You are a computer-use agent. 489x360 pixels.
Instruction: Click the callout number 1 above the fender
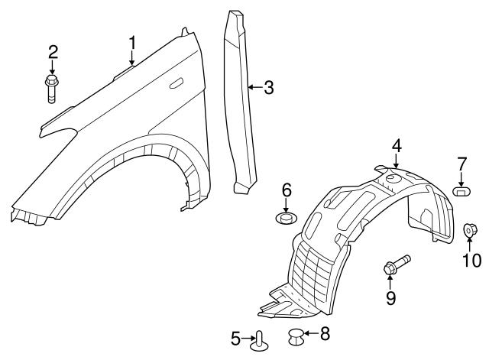132,43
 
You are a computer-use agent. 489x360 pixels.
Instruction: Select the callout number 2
53,52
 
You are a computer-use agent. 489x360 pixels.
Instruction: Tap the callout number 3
269,87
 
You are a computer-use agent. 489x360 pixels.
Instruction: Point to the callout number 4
397,146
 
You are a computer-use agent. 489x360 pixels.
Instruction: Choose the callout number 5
236,339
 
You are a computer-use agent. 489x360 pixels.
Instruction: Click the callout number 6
287,190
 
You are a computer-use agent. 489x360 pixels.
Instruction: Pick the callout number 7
461,164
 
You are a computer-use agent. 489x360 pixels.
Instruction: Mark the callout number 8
325,334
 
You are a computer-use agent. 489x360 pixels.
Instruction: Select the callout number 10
471,260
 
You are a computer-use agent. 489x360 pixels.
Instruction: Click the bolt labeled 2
52,89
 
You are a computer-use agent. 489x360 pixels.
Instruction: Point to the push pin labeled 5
260,342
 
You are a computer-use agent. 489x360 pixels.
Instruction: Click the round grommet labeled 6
287,217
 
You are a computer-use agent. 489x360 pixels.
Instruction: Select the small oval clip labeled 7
461,191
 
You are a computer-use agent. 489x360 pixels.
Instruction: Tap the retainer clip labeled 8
296,337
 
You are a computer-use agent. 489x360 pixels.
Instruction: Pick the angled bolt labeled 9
397,265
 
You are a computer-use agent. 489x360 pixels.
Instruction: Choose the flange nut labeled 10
469,230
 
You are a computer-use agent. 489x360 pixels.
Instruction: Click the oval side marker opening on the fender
176,84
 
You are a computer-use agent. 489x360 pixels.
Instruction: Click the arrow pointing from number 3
255,87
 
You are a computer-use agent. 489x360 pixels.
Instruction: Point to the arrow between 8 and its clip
311,333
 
